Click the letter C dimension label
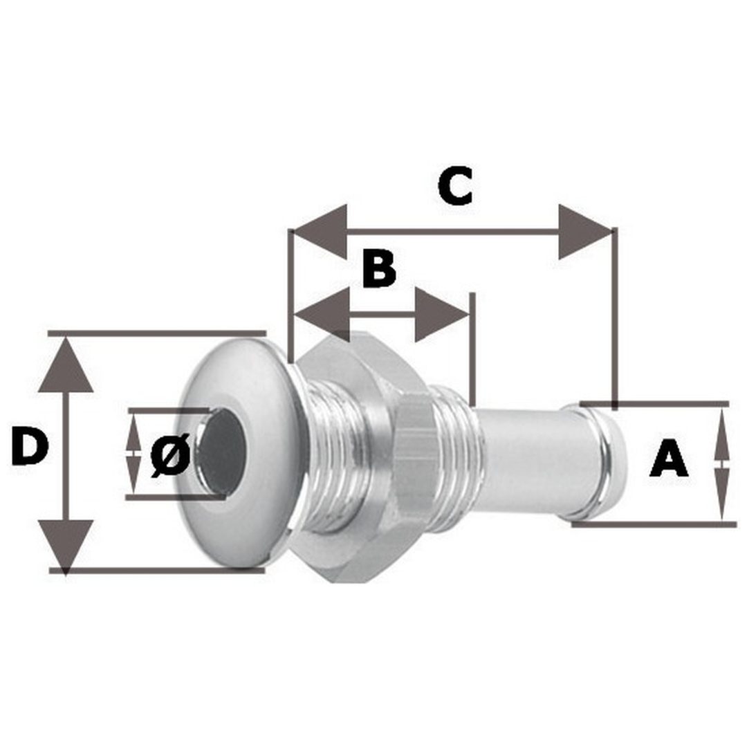coord(455,186)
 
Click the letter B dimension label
coord(379,268)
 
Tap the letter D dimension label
coord(30,446)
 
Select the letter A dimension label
coord(669,459)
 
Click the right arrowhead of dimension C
coord(586,232)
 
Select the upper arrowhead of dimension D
coord(66,365)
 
